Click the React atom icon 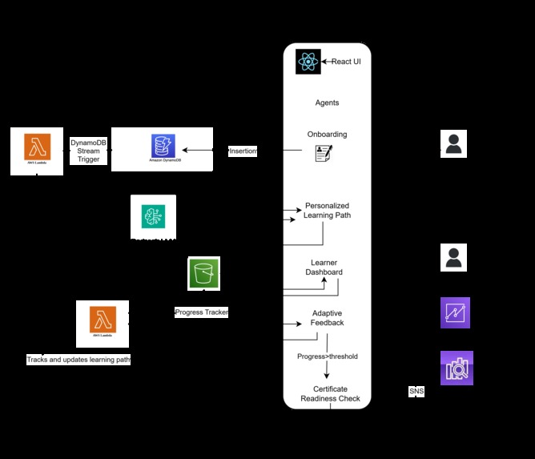308,62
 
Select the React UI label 346,62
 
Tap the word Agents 327,103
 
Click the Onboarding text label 327,134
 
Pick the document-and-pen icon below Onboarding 324,153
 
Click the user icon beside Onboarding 453,144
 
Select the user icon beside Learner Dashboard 453,258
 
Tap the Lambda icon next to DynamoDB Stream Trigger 37,148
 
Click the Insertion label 243,151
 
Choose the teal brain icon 153,216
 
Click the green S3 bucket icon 203,273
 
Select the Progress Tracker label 202,312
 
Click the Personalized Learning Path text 327,211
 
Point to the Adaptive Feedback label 327,318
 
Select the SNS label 416,392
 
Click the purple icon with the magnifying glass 457,368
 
